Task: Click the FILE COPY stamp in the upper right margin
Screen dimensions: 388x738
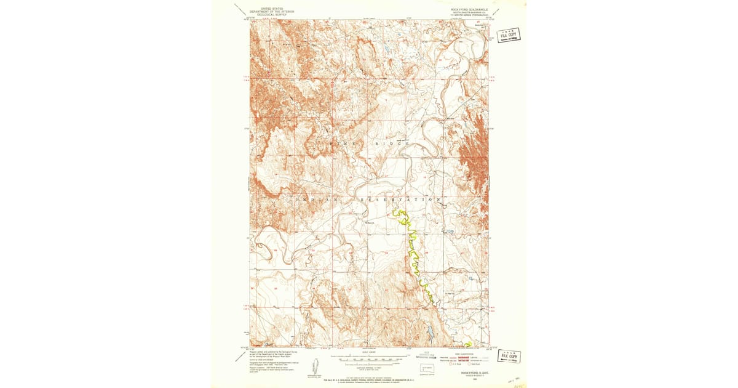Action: [x=508, y=34]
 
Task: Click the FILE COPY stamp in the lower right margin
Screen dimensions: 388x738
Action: [x=510, y=356]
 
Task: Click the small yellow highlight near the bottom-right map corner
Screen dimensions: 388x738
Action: [x=468, y=344]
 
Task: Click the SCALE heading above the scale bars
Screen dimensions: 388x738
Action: [x=370, y=352]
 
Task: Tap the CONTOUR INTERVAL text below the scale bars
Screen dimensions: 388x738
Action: [x=370, y=367]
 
